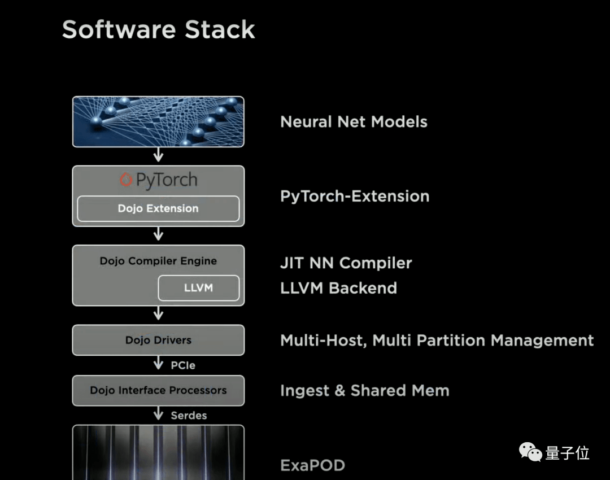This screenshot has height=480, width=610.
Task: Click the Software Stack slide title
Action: (x=158, y=29)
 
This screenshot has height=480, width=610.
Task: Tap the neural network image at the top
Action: (x=158, y=122)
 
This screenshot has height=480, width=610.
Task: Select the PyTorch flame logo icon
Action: (x=125, y=180)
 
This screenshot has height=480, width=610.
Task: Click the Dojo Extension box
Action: (x=158, y=208)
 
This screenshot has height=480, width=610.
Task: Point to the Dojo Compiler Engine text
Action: (x=158, y=261)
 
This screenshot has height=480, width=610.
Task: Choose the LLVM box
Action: (x=199, y=288)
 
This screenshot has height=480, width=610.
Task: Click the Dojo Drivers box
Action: (x=158, y=340)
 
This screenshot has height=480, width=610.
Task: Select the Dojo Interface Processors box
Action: (x=158, y=391)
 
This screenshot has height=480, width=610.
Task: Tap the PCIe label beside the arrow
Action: (x=183, y=365)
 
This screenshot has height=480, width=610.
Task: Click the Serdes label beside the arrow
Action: (x=189, y=416)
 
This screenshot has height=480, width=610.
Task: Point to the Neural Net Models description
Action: (x=354, y=122)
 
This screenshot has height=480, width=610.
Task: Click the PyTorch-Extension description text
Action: (x=355, y=196)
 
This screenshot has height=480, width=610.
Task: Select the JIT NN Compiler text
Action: (x=346, y=263)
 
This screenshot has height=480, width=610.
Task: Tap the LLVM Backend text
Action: (x=338, y=288)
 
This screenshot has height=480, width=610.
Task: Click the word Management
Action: (x=542, y=341)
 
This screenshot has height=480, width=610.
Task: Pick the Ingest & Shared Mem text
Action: (x=364, y=391)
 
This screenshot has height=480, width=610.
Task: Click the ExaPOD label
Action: (x=313, y=465)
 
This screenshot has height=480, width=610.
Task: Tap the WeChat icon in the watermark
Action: (x=530, y=452)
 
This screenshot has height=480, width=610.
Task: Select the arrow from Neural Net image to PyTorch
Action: (x=158, y=154)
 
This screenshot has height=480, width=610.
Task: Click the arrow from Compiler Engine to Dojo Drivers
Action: (x=158, y=313)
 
